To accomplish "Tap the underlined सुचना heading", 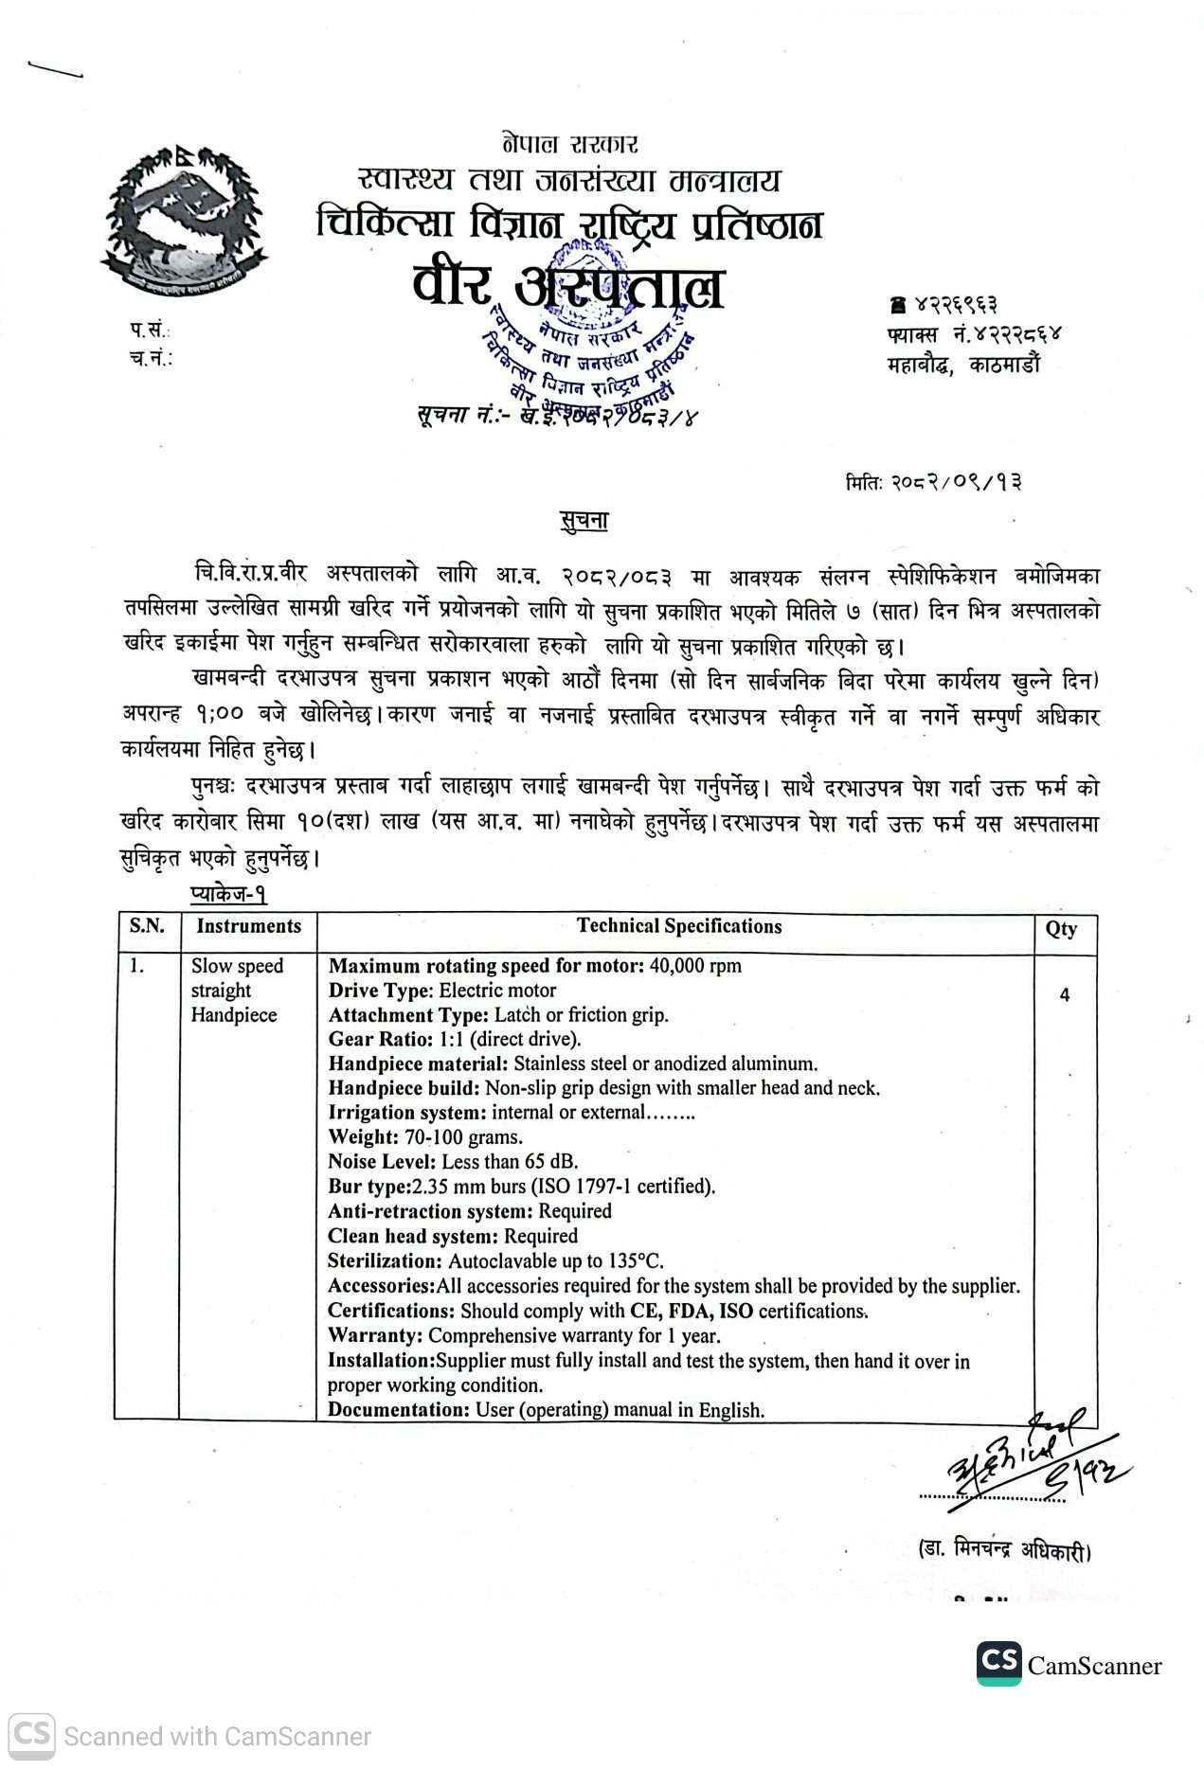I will point(582,521).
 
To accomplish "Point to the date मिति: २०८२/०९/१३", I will point(933,482).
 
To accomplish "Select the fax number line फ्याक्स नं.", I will point(974,334).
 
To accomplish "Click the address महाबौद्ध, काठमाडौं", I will point(962,365).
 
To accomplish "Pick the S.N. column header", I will point(147,926).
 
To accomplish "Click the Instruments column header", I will point(248,926).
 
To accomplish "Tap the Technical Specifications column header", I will point(679,926).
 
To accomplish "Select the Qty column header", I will point(1061,929).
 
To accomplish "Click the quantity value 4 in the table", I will point(1065,995).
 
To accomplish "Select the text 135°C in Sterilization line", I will point(634,1261).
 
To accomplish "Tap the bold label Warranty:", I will point(375,1335).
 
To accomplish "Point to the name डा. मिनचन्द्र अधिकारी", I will point(1004,1551).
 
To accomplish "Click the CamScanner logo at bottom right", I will point(1069,1666).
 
